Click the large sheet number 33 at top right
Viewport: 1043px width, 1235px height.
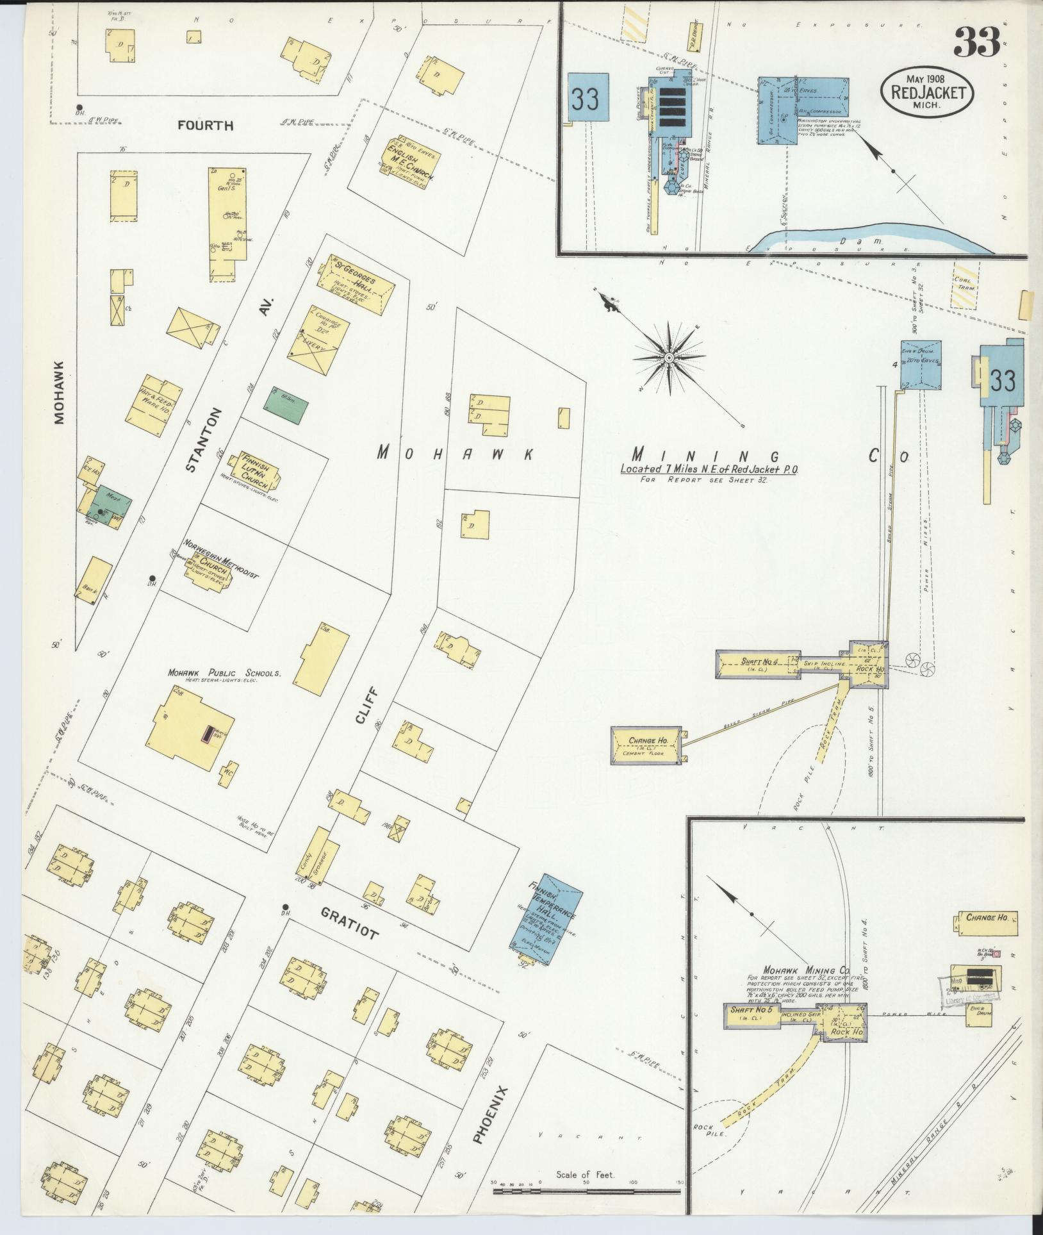[x=976, y=43]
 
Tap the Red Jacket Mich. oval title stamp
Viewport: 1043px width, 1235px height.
[x=928, y=92]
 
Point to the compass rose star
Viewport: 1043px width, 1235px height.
[x=668, y=357]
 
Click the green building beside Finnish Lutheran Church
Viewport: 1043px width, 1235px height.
[x=286, y=405]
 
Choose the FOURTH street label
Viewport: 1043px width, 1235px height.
[x=205, y=126]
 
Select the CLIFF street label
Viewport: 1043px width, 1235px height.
[x=366, y=706]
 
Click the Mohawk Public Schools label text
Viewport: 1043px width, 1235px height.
[x=224, y=673]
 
